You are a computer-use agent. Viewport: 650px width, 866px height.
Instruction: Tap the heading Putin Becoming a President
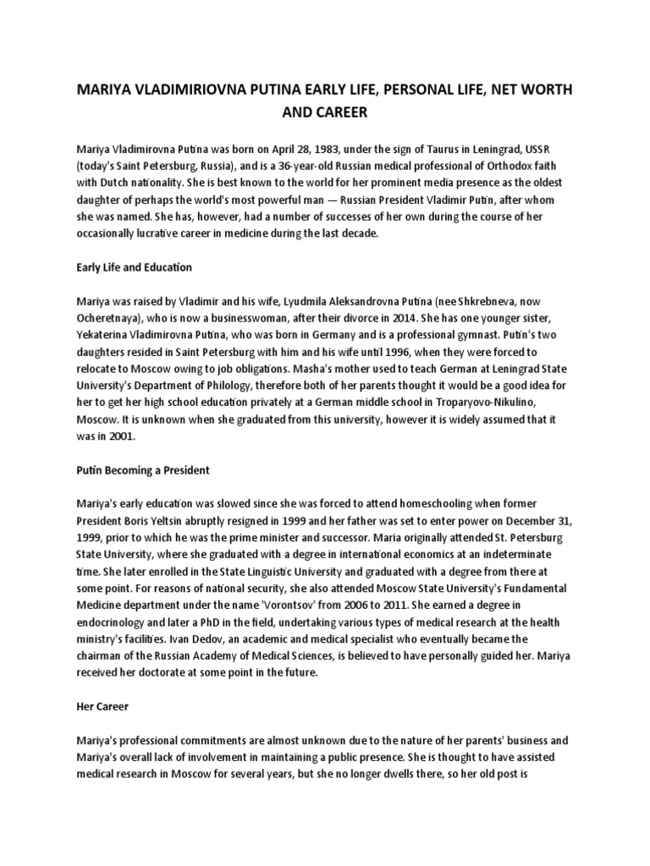[140, 469]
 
